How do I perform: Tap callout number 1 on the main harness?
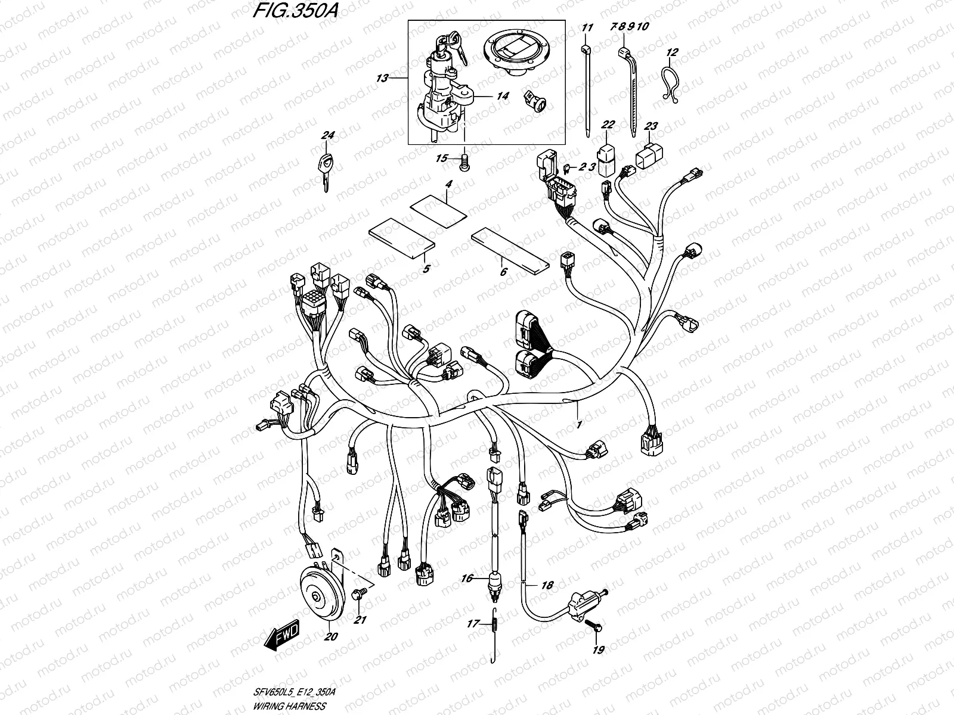pos(578,425)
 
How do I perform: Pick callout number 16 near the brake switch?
pos(466,578)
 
